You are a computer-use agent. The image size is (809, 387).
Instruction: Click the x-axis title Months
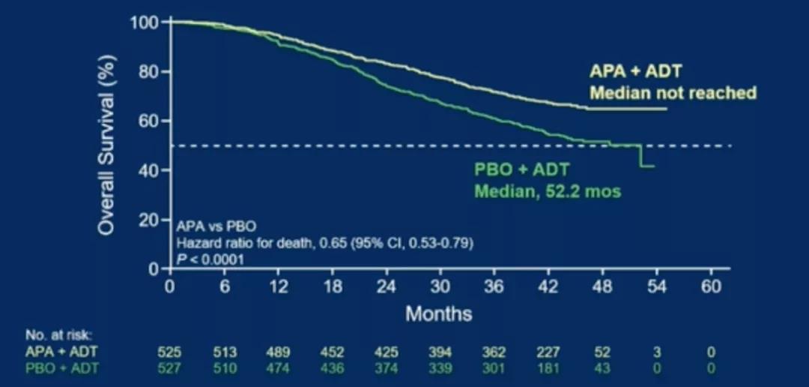439,313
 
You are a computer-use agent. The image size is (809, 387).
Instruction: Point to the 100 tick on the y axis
145,22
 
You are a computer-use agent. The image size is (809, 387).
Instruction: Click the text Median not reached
672,93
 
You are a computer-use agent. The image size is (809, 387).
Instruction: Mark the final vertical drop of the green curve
640,156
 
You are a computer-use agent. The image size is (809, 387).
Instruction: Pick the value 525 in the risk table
171,352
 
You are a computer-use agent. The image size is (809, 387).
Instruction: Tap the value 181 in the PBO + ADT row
548,367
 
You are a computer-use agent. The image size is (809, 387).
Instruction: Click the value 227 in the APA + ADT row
548,352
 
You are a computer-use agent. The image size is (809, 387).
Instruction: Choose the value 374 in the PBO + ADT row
387,367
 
